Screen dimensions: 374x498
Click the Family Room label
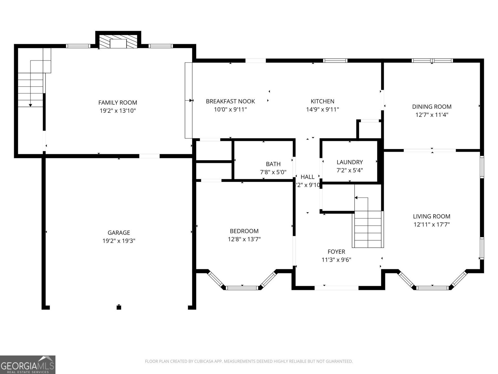click(118, 103)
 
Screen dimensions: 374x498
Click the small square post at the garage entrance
click(119, 307)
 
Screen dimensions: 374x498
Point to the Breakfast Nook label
click(230, 101)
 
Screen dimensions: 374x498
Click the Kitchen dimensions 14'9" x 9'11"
click(322, 109)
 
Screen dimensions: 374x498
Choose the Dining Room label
click(432, 107)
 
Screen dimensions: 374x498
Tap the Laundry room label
click(350, 162)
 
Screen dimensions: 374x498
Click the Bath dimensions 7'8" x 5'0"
click(273, 172)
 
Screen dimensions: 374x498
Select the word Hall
click(307, 177)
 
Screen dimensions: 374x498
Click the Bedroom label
click(244, 231)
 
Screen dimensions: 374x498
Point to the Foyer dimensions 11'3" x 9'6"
click(336, 260)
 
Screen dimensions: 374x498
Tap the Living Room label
click(431, 216)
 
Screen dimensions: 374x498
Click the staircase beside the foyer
click(368, 229)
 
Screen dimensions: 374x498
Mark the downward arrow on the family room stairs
click(31, 105)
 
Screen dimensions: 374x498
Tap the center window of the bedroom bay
click(242, 288)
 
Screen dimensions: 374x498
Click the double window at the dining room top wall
click(432, 60)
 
